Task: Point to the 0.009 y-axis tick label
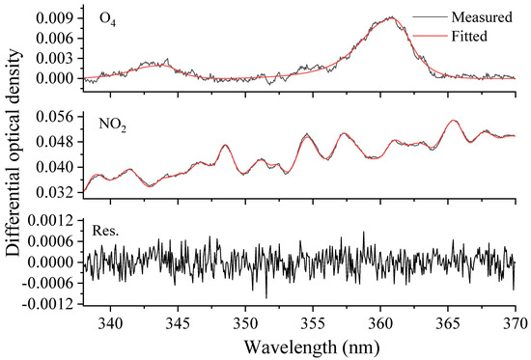click(x=58, y=17)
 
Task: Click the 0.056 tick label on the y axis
click(x=58, y=116)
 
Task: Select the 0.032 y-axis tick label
click(x=58, y=191)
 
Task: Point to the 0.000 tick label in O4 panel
click(x=58, y=77)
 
